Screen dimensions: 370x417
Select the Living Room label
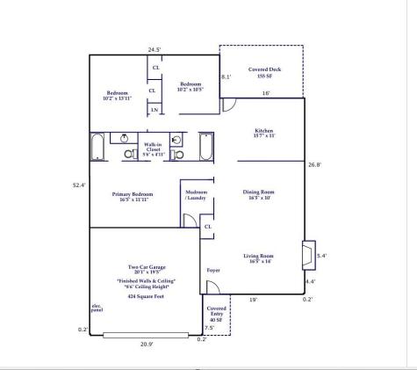[x=262, y=258]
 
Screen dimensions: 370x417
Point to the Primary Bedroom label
[x=133, y=196]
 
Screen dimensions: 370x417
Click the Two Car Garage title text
[x=147, y=267]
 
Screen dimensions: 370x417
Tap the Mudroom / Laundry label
[x=197, y=194]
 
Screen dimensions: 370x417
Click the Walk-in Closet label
[x=153, y=149]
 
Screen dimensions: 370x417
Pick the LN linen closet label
[x=155, y=109]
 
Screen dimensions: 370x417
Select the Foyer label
[x=213, y=270]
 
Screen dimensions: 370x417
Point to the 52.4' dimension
[x=77, y=185]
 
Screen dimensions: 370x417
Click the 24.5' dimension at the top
[x=155, y=49]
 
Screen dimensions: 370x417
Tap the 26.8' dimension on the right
[x=315, y=163]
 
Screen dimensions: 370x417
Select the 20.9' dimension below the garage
[x=147, y=344]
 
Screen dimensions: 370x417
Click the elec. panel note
[x=97, y=308]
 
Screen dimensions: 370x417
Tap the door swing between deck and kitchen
[x=228, y=105]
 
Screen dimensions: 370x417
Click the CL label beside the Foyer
[x=207, y=227]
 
